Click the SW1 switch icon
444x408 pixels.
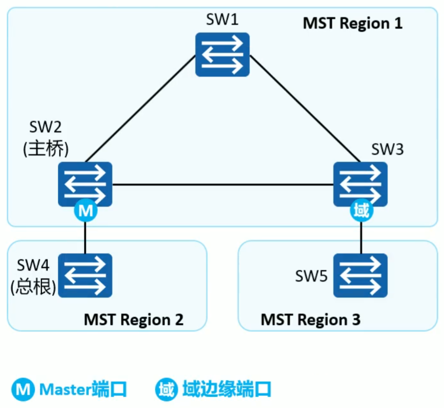click(222, 54)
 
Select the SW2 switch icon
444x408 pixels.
click(85, 184)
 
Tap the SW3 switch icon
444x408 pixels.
click(360, 184)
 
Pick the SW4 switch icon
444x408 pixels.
click(85, 276)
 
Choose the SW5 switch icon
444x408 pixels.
click(360, 276)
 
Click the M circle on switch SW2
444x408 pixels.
click(85, 212)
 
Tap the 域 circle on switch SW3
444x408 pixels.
click(360, 212)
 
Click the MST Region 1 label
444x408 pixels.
click(352, 23)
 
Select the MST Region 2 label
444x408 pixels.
click(134, 319)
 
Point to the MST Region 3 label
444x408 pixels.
click(310, 319)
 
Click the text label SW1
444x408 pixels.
click(222, 21)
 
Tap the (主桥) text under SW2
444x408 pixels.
click(46, 148)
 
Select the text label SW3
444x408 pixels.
click(387, 149)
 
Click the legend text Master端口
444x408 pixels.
click(83, 389)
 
